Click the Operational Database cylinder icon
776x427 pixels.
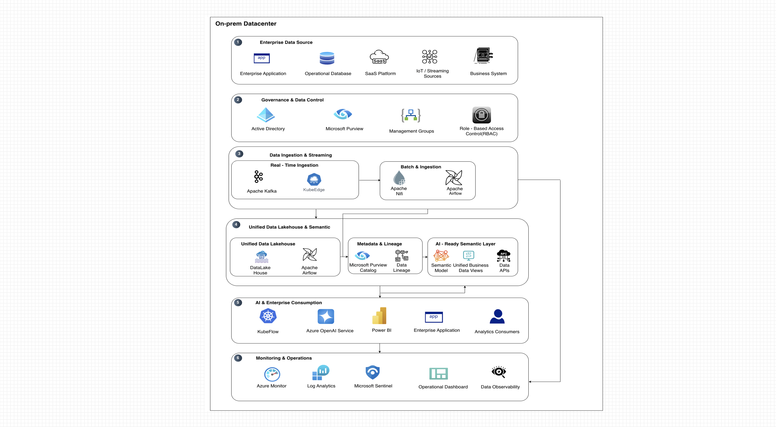click(x=327, y=58)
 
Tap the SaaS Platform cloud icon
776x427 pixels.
click(x=379, y=57)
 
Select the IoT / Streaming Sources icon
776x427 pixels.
click(x=430, y=57)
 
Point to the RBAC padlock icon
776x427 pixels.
click(x=481, y=115)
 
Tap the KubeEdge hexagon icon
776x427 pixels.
click(x=314, y=179)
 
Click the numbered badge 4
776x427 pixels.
click(x=236, y=225)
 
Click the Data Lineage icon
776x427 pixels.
click(x=402, y=256)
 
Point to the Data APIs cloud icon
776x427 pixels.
click(x=504, y=256)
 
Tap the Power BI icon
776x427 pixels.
click(x=379, y=316)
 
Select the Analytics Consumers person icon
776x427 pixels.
click(x=497, y=316)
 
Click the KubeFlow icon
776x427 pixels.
click(x=268, y=316)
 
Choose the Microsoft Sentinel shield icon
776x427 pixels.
click(x=372, y=372)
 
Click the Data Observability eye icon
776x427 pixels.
click(x=499, y=372)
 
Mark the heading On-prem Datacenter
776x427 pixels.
click(x=246, y=24)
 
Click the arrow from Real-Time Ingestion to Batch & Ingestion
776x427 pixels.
click(x=370, y=180)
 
